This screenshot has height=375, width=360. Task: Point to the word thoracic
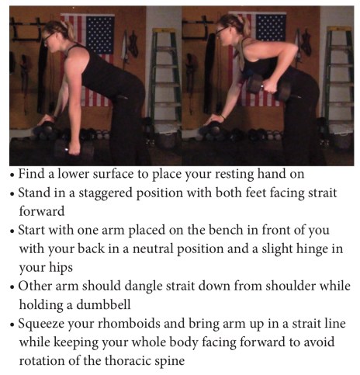pos(126,360)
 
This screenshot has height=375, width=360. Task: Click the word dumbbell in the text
pos(103,304)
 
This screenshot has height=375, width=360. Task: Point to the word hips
pos(61,268)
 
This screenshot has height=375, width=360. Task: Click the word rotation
pos(42,361)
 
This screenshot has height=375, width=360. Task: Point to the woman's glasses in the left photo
pos(47,38)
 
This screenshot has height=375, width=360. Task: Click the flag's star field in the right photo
pos(271,28)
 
